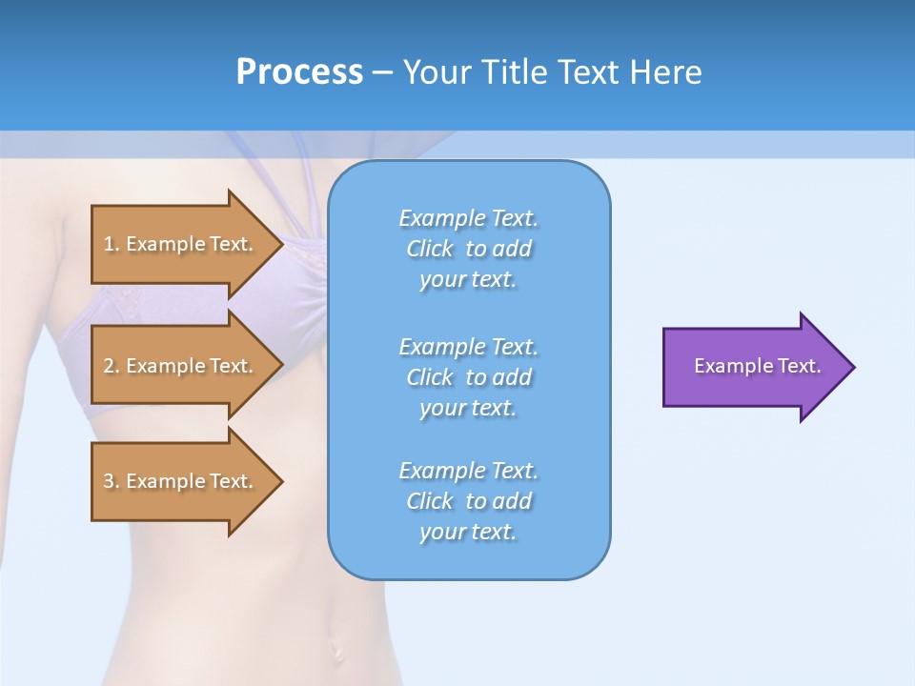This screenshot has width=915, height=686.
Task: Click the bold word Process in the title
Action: pyautogui.click(x=299, y=72)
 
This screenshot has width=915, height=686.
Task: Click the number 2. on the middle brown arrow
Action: pyautogui.click(x=112, y=366)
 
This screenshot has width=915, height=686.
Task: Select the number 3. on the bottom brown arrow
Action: pyautogui.click(x=112, y=481)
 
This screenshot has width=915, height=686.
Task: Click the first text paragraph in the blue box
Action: pyautogui.click(x=468, y=249)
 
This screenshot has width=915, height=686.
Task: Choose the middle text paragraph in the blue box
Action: pyautogui.click(x=468, y=377)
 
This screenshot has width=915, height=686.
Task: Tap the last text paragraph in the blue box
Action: pyautogui.click(x=468, y=501)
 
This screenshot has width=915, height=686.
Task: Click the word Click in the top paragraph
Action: pyautogui.click(x=430, y=249)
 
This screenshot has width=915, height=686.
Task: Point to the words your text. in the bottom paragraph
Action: pyautogui.click(x=468, y=532)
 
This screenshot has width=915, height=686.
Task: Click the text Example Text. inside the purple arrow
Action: pyautogui.click(x=758, y=366)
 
